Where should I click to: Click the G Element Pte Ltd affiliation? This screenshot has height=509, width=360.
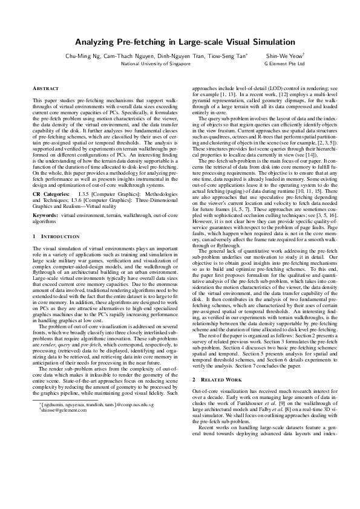coord(284,63)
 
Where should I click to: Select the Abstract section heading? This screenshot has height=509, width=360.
coord(46,89)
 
